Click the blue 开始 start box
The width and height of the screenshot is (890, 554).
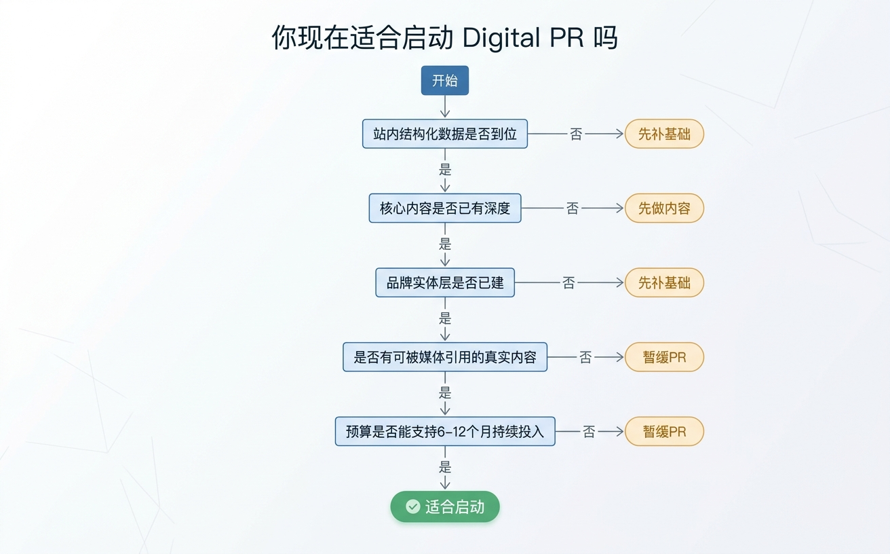click(444, 81)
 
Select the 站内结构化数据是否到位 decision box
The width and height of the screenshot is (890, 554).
click(444, 134)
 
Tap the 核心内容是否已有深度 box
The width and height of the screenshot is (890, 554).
click(444, 208)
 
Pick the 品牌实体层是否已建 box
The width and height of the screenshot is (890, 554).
click(444, 282)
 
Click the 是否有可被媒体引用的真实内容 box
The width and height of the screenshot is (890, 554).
click(444, 357)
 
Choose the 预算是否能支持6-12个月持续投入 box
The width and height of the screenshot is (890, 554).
click(444, 431)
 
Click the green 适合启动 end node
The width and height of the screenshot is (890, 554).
click(444, 506)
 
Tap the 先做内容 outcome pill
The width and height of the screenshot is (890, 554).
click(663, 208)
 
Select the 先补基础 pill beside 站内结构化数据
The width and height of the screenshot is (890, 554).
click(663, 134)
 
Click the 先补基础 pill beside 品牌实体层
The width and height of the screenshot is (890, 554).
click(663, 282)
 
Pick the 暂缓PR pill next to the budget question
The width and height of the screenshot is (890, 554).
click(663, 431)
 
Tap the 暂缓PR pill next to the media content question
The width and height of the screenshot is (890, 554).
click(663, 357)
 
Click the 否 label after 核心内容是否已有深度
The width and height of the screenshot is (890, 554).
click(573, 208)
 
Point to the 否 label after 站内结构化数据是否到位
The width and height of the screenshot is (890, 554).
click(576, 134)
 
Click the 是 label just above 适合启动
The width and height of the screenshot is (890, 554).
click(445, 467)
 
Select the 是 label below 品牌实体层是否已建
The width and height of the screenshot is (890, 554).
click(445, 318)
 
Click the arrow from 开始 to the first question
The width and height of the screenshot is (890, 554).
click(445, 107)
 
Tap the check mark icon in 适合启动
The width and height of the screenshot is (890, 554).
click(412, 506)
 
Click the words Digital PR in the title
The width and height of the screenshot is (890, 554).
click(523, 37)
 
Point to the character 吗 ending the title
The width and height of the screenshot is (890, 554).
click(605, 37)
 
